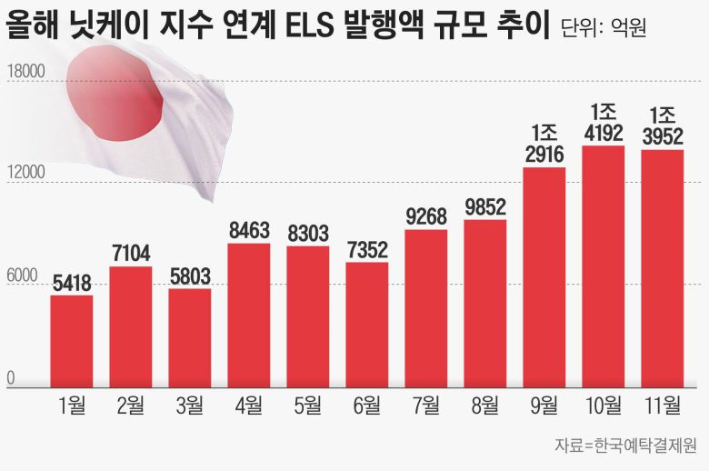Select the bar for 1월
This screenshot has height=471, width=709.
pyautogui.click(x=72, y=341)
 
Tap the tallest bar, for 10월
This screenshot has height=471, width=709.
pyautogui.click(x=604, y=266)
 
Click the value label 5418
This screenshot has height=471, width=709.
pyautogui.click(x=72, y=283)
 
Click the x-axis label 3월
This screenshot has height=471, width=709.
pyautogui.click(x=190, y=406)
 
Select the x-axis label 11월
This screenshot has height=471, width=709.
pyautogui.click(x=662, y=406)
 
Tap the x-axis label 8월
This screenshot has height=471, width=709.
pyautogui.click(x=485, y=406)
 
